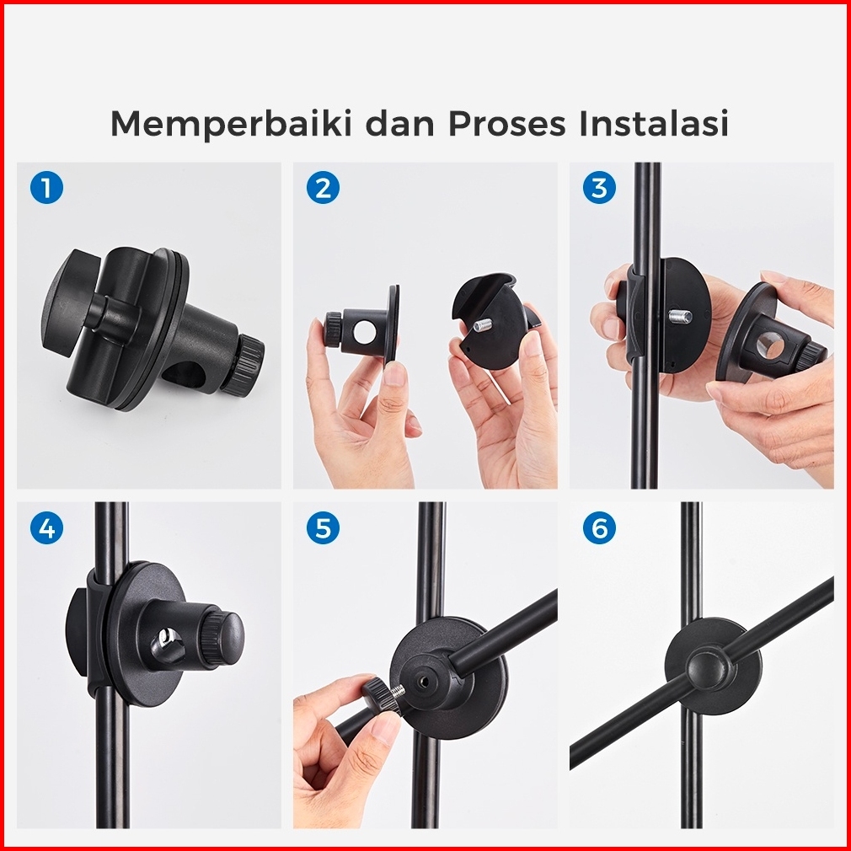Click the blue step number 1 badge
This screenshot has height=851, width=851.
pyautogui.click(x=46, y=188)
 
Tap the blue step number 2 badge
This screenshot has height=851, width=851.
pyautogui.click(x=323, y=188)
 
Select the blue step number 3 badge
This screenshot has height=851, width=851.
pyautogui.click(x=599, y=188)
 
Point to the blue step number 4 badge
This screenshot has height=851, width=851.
pyautogui.click(x=46, y=527)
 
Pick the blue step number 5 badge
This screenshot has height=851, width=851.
pyautogui.click(x=323, y=527)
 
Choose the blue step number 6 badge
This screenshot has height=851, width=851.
pyautogui.click(x=599, y=527)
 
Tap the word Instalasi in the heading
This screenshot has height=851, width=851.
pyautogui.click(x=654, y=123)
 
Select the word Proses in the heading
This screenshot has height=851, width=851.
pyautogui.click(x=507, y=123)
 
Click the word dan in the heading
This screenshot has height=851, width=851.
pyautogui.click(x=400, y=123)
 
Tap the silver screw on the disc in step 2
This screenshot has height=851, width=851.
pyautogui.click(x=482, y=325)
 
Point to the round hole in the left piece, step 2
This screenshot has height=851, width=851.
pyautogui.click(x=364, y=332)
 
